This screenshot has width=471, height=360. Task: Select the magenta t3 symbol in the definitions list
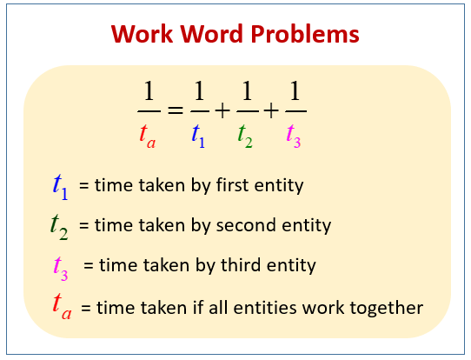tap(61, 266)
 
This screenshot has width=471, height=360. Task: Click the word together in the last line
tap(388, 307)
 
